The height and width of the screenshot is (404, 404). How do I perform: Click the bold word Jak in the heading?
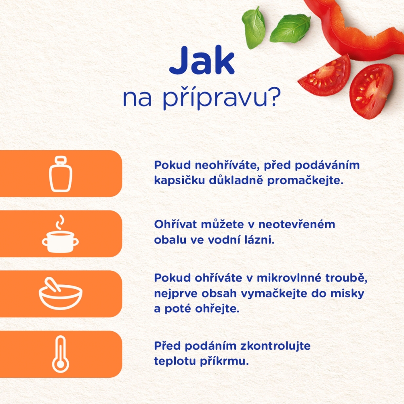pos(202,61)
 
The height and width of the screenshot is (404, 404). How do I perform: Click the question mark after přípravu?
pos(274,97)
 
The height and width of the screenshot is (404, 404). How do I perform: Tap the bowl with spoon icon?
pos(61,293)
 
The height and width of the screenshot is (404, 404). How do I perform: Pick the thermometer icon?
pos(61,354)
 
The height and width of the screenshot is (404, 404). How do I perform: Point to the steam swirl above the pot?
pos(60,222)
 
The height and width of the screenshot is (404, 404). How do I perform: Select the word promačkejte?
pos(305,180)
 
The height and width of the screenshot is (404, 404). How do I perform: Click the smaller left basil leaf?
pos(254,28)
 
